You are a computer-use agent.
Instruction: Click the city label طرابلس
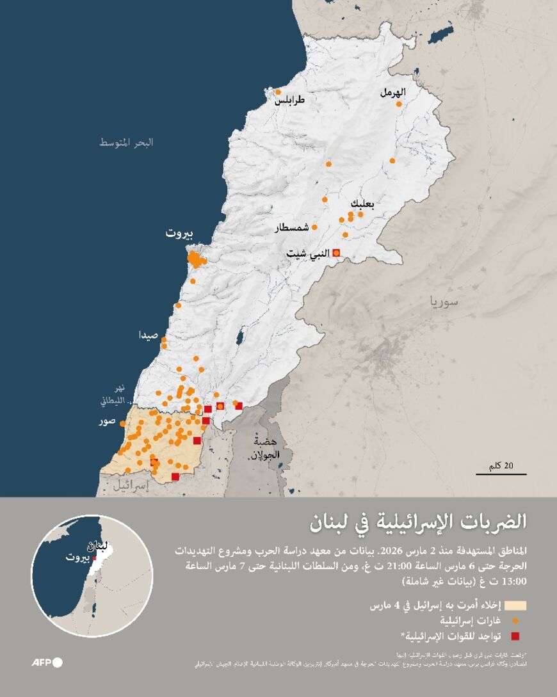click(290, 101)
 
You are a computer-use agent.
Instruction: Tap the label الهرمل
click(392, 92)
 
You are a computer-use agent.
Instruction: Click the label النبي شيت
click(307, 254)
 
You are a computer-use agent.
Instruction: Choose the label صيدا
click(151, 335)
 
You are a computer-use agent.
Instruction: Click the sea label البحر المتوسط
click(126, 142)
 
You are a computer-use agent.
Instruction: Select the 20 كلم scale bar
click(501, 474)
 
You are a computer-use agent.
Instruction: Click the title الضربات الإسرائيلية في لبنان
click(417, 522)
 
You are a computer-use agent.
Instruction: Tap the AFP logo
click(47, 662)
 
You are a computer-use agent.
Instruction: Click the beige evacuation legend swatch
click(515, 605)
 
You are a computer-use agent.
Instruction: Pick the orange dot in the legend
click(515, 621)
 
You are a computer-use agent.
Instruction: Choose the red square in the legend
click(515, 636)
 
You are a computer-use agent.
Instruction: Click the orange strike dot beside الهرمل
click(399, 104)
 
